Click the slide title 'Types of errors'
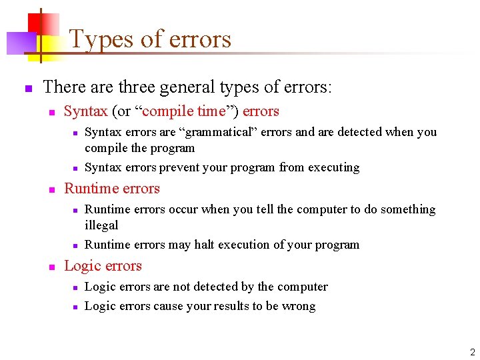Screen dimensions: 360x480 pyautogui.click(x=150, y=39)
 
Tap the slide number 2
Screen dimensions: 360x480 pyautogui.click(x=472, y=352)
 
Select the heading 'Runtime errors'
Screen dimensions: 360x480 pyautogui.click(x=112, y=189)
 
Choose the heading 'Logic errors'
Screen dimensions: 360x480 pyautogui.click(x=103, y=266)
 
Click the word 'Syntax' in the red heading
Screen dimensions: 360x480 pyautogui.click(x=85, y=111)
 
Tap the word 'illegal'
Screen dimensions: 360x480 pyautogui.click(x=101, y=225)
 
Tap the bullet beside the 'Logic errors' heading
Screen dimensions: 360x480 pyautogui.click(x=51, y=267)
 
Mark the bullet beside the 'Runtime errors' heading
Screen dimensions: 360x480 pyautogui.click(x=51, y=189)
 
